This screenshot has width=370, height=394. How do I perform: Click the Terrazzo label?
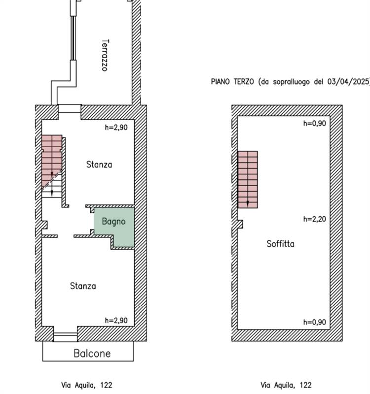click(104, 55)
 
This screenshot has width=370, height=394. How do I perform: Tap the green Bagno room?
click(113, 222)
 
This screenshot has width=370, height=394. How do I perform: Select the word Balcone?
click(92, 353)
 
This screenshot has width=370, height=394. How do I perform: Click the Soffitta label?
click(280, 243)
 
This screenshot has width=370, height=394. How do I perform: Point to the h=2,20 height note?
click(314, 219)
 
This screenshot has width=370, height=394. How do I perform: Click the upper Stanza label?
click(99, 164)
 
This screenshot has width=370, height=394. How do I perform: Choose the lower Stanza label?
click(83, 286)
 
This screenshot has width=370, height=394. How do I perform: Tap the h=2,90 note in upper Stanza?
click(116, 127)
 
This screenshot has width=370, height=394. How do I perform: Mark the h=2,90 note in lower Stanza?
click(116, 320)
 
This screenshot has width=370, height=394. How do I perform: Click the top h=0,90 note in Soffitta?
click(314, 124)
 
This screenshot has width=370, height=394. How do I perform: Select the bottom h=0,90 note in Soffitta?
click(314, 322)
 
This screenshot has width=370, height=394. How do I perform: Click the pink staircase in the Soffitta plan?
click(248, 179)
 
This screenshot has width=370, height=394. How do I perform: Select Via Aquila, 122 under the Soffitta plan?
click(286, 385)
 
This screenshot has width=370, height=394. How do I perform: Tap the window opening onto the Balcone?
click(65, 337)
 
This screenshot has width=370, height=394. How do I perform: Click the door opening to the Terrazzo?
click(70, 108)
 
